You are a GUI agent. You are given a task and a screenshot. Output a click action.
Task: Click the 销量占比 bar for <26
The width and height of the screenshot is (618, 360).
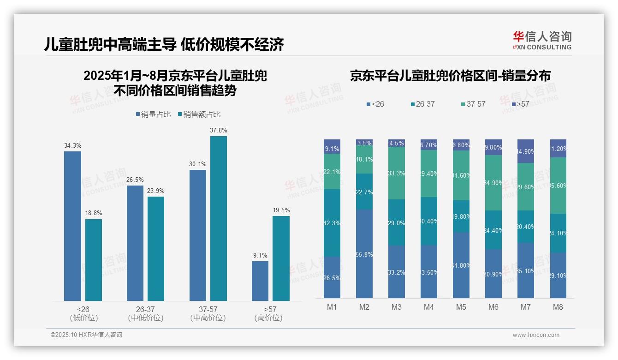(x=72, y=226)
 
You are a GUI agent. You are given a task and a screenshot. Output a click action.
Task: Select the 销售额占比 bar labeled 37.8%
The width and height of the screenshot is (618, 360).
(x=219, y=218)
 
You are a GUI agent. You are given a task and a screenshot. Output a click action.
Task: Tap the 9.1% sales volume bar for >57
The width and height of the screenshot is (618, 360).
(x=260, y=281)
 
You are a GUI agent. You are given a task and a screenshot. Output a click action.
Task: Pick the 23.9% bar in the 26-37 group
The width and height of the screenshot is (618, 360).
(x=156, y=249)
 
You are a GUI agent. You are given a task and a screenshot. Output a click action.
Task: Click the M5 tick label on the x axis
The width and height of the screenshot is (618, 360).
(x=461, y=307)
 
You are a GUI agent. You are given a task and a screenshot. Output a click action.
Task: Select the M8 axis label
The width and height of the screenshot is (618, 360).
(x=558, y=307)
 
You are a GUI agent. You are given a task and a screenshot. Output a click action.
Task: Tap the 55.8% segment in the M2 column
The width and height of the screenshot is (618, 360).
(x=364, y=254)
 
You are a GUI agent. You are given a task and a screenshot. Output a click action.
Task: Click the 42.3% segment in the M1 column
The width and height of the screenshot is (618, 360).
(x=332, y=223)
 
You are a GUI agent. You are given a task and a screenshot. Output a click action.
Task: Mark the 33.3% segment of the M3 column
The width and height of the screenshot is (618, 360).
(x=397, y=173)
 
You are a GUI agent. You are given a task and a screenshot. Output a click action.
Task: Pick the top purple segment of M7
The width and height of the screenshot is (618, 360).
(x=526, y=151)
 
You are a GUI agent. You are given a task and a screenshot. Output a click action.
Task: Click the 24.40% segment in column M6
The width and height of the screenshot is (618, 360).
(x=493, y=230)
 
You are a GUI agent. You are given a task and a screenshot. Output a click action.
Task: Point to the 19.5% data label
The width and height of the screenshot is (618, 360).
(x=281, y=210)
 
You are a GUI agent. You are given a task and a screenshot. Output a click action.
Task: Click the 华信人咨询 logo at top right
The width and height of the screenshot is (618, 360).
(x=542, y=40)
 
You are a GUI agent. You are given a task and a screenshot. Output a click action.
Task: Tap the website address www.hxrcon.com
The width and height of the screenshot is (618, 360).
(x=536, y=335)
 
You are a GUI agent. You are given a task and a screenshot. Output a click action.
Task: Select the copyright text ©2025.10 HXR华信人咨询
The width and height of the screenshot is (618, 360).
(x=86, y=335)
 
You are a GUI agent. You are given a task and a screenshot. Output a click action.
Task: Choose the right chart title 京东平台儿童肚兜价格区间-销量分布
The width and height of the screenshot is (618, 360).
(x=450, y=76)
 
